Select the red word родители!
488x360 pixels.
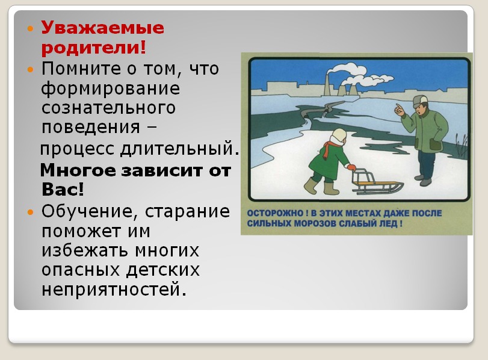93,48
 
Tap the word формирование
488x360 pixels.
111,89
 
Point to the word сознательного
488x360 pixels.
109,108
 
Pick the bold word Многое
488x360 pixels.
78,170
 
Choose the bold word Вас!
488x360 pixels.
63,189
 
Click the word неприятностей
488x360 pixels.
114,290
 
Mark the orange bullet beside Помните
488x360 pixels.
30,69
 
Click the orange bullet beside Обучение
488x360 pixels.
30,213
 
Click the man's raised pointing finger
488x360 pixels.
398,107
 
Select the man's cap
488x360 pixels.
420,101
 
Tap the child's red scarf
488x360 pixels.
329,149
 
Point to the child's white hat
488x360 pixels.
339,136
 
